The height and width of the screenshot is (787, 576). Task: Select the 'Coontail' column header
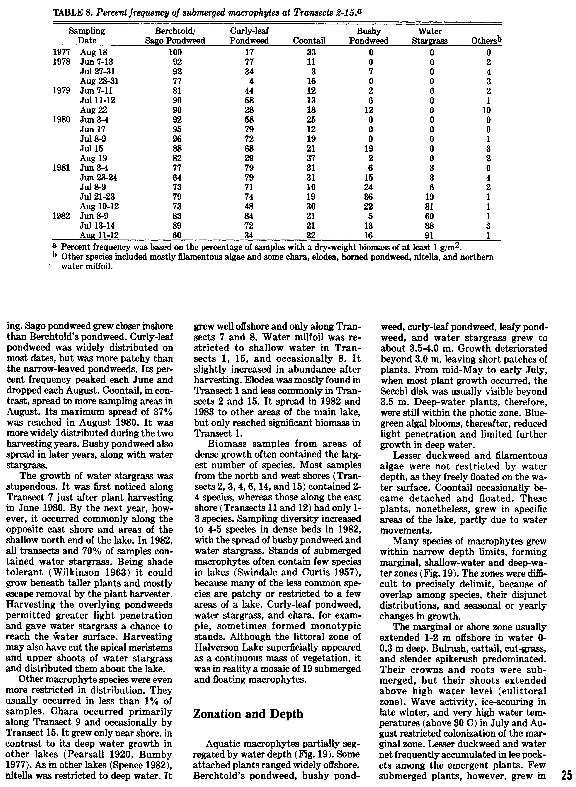coord(309,41)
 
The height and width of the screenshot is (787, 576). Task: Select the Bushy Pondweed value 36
coord(371,197)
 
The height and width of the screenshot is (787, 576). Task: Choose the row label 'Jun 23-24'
coord(99,178)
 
